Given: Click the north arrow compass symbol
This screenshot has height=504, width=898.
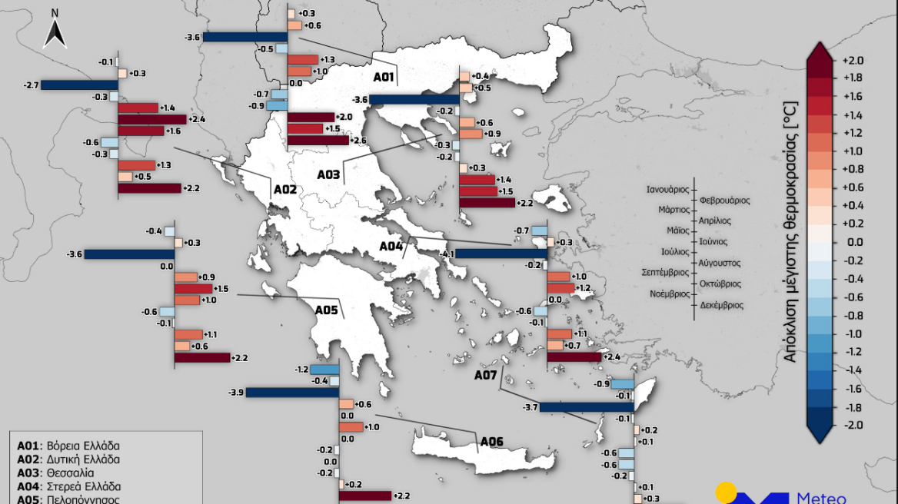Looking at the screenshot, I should [x=55, y=30].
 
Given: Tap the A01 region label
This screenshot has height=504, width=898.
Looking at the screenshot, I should [x=384, y=77].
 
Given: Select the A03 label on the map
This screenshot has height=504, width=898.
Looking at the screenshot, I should [x=328, y=174].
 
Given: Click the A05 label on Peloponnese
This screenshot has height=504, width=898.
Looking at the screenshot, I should [x=326, y=310].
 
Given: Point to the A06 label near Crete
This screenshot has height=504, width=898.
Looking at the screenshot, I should [x=491, y=441].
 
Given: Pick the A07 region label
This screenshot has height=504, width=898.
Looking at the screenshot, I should [x=485, y=375].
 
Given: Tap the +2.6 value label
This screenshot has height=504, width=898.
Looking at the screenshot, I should [x=358, y=141].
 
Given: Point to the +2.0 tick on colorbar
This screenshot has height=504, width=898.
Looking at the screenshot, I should [x=853, y=60].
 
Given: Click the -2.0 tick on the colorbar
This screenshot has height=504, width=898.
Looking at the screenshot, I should [x=853, y=424].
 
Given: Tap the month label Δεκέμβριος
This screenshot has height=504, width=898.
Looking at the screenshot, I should [x=721, y=305].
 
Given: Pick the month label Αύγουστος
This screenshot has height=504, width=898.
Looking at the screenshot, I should [x=720, y=263].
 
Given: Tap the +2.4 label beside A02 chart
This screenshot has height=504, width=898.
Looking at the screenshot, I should [x=197, y=119].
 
